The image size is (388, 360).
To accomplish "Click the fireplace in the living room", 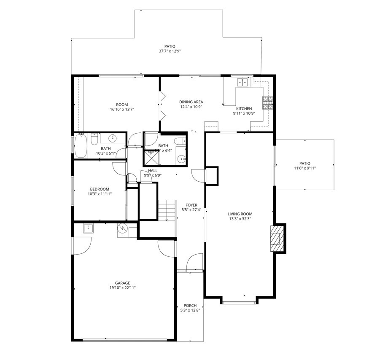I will click(x=277, y=238).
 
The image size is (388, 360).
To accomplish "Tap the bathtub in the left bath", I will click(x=81, y=145).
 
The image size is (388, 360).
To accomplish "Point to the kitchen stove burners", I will click(x=267, y=103).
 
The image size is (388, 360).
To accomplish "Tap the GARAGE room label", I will click(x=123, y=283).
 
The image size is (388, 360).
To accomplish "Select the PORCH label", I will click(x=190, y=306).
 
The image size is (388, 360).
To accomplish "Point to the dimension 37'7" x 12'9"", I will click(x=170, y=51).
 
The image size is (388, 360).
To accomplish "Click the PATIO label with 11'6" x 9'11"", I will click(x=304, y=163).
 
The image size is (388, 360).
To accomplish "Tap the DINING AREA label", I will click(x=191, y=102).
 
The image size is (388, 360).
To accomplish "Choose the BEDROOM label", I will click(x=100, y=189).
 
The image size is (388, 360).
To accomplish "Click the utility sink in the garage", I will click(x=89, y=228).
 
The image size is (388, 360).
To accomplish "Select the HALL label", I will click(x=153, y=170).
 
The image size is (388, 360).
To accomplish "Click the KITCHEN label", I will click(x=244, y=108).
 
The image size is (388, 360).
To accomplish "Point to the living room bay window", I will click(x=239, y=302).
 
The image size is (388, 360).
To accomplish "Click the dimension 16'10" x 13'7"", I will click(x=122, y=110).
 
